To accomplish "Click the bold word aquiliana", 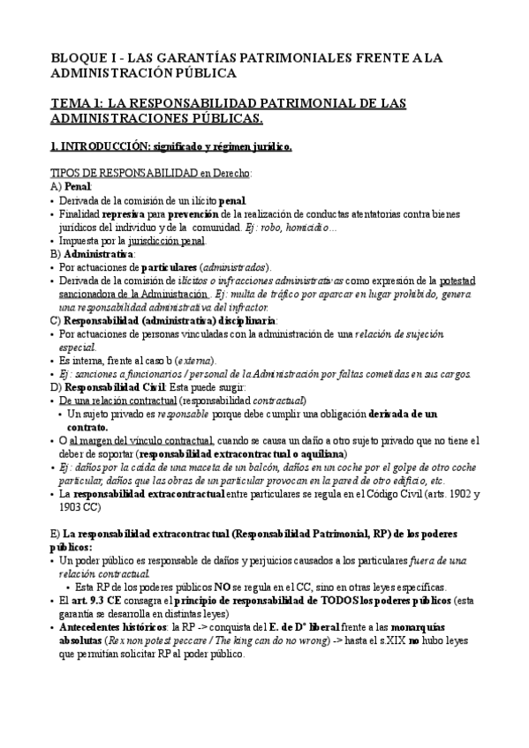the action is click(319, 453).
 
